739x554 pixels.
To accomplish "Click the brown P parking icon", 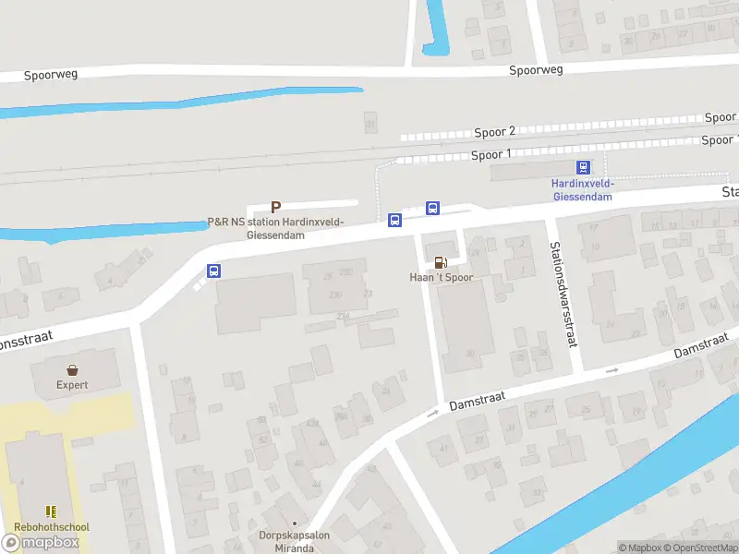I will point(274,208).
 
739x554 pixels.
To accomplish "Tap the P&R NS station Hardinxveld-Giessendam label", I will point(275,228).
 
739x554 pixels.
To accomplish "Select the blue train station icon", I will point(583,167).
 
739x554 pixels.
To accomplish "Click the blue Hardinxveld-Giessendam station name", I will point(583,189).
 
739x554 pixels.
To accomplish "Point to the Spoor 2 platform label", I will point(494,132).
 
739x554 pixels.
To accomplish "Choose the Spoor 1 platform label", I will point(491,154).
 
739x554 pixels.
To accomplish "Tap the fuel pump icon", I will point(441,262).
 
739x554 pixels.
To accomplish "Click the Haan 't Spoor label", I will point(442,277).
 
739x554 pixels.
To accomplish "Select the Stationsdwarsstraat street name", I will point(563,294).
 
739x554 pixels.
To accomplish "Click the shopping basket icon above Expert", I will point(72,369).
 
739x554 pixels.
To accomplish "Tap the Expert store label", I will point(72,384).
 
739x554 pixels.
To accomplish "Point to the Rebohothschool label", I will point(52,527).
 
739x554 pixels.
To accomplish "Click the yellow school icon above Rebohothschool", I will point(52,511).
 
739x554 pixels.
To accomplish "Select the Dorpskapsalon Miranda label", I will point(295,541).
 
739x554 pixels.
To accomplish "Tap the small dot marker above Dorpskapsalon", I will point(295,524).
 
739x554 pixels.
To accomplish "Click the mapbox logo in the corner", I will point(41,543).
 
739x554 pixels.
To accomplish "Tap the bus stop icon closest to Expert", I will point(213,271).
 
